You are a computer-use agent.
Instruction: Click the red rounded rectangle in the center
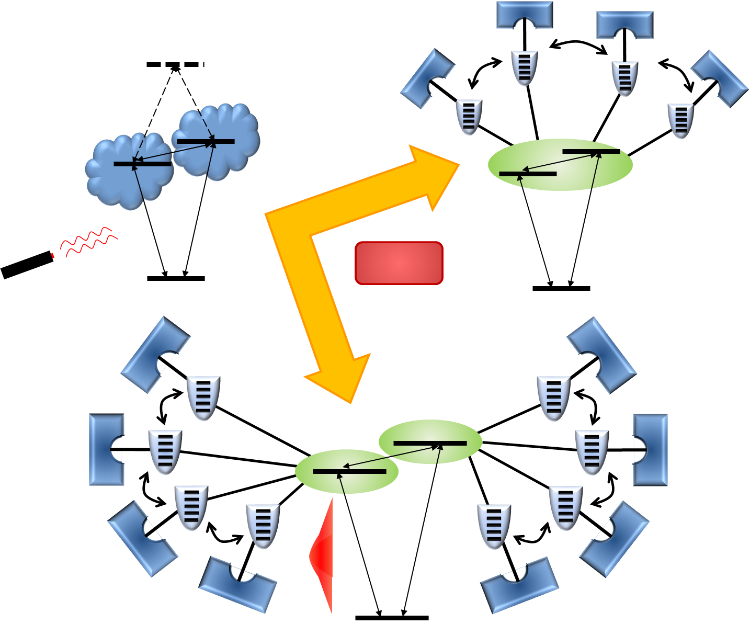(x=399, y=263)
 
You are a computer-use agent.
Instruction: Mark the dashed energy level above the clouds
(x=175, y=64)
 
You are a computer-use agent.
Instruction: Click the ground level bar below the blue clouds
(x=176, y=279)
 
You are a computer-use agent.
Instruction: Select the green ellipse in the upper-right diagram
(x=560, y=165)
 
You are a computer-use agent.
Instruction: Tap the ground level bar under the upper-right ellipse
(x=561, y=288)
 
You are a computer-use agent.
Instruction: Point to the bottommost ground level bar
(x=392, y=618)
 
